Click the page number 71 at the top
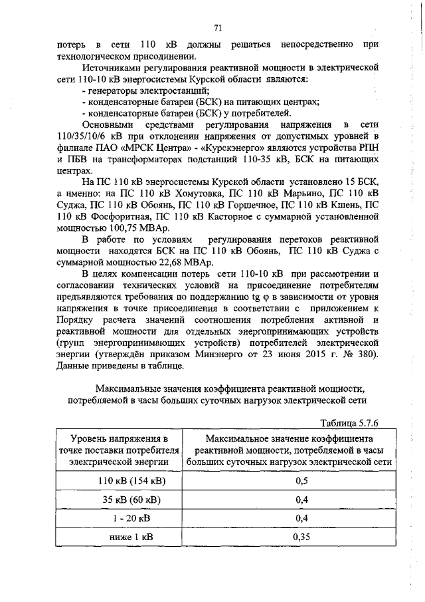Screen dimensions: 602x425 coord(217,27)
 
